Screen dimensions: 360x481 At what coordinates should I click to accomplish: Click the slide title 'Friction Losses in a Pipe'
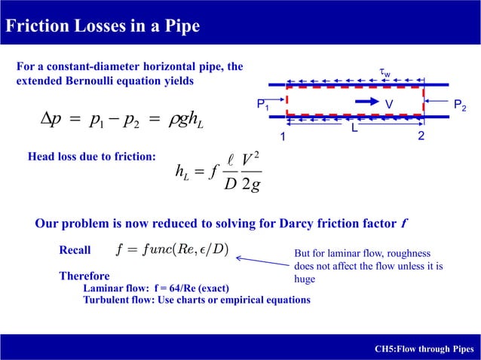point(103,26)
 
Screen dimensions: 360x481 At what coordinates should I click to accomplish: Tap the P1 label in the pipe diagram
point(262,106)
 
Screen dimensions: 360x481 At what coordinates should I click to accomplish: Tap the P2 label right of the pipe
point(458,107)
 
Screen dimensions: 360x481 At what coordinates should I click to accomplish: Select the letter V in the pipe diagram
point(389,103)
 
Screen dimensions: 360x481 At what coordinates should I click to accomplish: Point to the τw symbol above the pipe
point(384,73)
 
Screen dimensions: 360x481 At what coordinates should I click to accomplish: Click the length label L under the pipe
point(353,130)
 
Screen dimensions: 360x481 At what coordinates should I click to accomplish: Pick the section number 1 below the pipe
point(283,138)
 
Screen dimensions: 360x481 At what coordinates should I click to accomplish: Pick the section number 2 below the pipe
point(421,138)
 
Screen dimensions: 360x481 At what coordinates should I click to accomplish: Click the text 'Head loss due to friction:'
point(91,157)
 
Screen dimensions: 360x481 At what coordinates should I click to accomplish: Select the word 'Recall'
point(75,251)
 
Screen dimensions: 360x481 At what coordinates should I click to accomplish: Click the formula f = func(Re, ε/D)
point(174,249)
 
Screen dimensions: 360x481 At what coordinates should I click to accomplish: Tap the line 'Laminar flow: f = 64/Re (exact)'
point(156,288)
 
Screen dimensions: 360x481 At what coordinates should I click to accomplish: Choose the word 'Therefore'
point(84,276)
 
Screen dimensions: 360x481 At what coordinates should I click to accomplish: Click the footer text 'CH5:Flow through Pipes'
point(424,349)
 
